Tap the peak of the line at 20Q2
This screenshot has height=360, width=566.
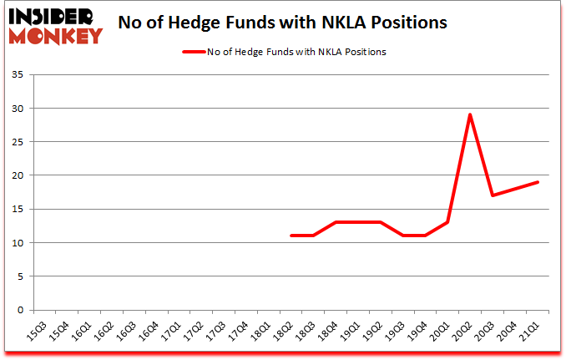(470, 114)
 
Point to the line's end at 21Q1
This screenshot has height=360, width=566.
(538, 182)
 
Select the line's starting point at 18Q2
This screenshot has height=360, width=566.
(291, 236)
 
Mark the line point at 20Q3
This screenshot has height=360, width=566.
(493, 195)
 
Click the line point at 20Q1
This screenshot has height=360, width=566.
(448, 222)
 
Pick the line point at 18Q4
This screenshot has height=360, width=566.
(336, 222)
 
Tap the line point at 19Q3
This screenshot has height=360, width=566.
(403, 236)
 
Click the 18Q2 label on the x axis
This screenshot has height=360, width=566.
(284, 332)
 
